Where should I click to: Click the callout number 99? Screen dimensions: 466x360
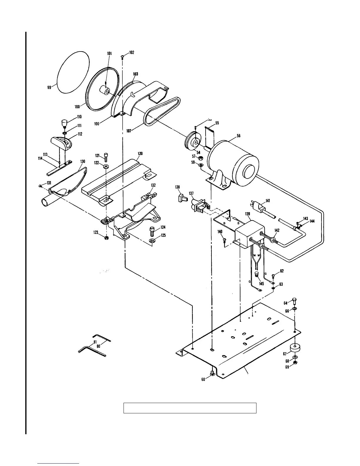tap(49, 87)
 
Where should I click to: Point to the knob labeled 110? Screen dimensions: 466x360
tap(64, 122)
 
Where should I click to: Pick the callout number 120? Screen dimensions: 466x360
tap(140, 154)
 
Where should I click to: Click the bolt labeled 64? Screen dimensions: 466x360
tap(294, 302)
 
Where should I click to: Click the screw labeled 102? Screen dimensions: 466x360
tap(123, 56)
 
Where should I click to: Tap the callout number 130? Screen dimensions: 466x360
tap(83, 162)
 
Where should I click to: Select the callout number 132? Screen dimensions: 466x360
tap(153, 185)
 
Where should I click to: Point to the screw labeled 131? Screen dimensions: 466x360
tap(40, 186)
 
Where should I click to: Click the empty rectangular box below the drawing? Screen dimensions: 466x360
tap(190, 408)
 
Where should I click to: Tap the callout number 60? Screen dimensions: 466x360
tap(203, 380)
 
